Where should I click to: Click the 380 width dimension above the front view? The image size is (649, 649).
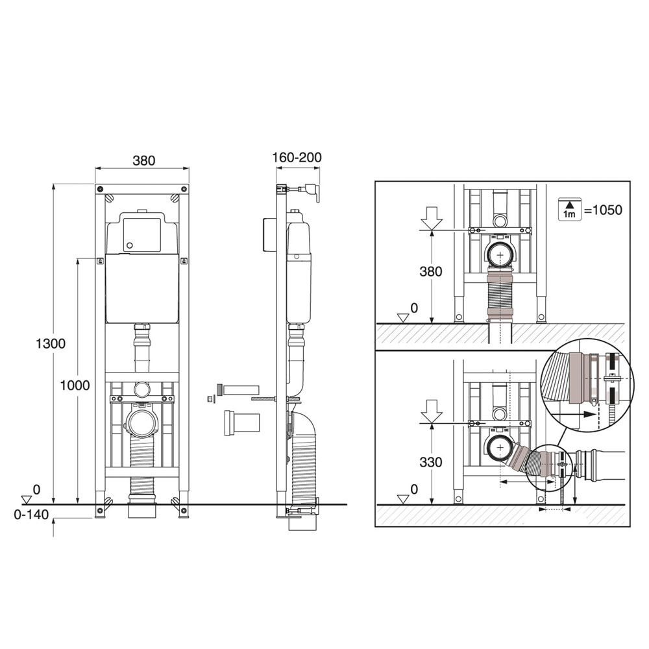143,160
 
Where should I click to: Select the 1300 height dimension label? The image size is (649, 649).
50,344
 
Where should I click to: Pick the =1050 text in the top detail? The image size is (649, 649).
602,210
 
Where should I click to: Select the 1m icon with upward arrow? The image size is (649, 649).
570,208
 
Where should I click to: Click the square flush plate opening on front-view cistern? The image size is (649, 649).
141,231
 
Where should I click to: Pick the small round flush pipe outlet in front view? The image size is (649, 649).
141,389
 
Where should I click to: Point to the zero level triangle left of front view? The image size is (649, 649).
27,499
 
